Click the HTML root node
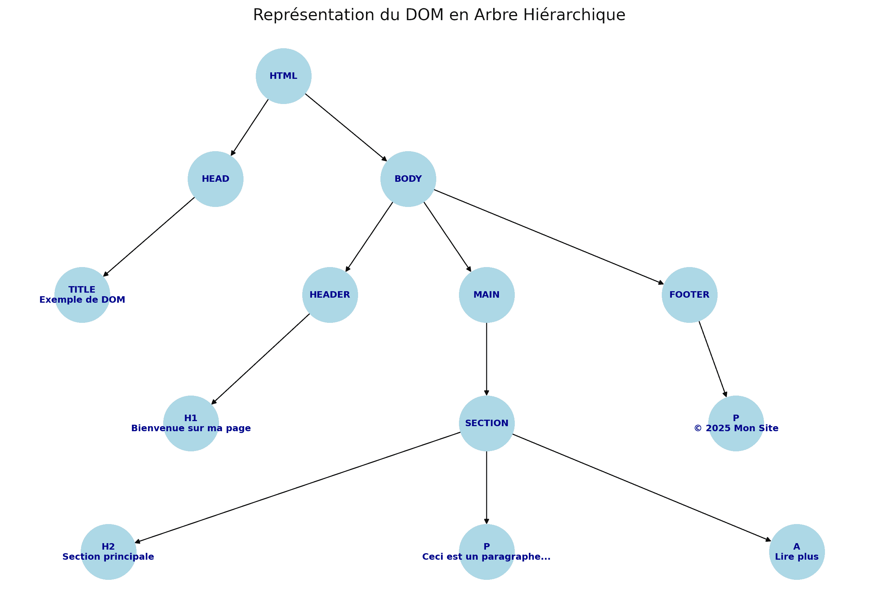(283, 76)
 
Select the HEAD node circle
(215, 179)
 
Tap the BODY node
(408, 179)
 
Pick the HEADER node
(330, 295)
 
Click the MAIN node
(486, 295)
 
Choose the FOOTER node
(689, 295)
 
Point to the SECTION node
(486, 424)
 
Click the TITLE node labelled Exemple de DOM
(82, 295)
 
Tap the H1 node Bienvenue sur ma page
(191, 424)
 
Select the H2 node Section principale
(108, 552)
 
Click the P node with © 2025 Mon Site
(736, 424)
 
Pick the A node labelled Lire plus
(797, 552)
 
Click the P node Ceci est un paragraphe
(486, 552)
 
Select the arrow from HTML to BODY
(345, 127)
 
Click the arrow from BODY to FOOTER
(549, 237)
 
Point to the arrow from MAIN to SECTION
(486, 359)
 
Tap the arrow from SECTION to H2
(298, 487)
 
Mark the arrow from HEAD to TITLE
(149, 237)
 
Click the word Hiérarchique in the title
(574, 15)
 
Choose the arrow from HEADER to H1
(260, 359)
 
